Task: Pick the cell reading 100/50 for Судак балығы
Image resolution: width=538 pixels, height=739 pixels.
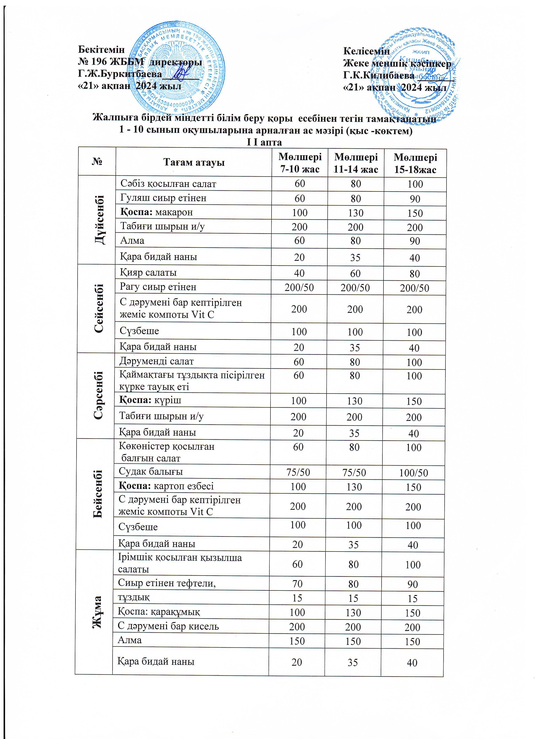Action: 413,473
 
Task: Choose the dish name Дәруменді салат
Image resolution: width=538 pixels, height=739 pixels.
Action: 156,361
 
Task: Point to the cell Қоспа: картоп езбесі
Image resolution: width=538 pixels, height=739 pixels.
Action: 166,486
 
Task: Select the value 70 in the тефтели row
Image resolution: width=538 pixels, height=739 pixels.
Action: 297,584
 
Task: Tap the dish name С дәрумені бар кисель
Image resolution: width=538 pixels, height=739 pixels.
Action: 168,626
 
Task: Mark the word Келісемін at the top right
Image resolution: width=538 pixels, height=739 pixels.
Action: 366,51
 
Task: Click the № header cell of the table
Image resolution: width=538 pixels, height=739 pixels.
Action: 97,162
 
